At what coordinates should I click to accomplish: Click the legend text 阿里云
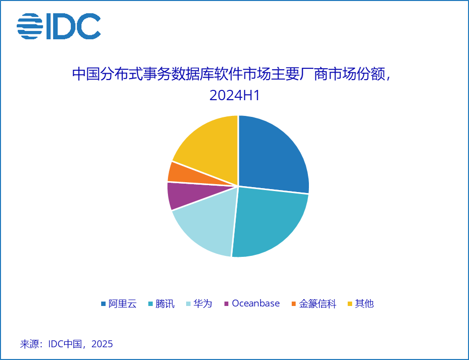click(x=122, y=304)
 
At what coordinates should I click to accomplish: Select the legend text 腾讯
click(x=165, y=304)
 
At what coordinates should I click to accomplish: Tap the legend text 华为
click(x=202, y=304)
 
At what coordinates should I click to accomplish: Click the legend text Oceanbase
click(x=255, y=304)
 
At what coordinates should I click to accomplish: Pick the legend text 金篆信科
click(x=318, y=304)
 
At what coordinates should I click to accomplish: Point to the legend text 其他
click(x=364, y=304)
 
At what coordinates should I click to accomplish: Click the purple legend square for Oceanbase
click(x=226, y=304)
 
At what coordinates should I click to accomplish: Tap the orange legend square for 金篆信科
click(x=294, y=304)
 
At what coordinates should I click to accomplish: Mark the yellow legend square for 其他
click(x=350, y=304)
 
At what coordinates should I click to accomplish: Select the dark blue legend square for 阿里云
click(x=103, y=304)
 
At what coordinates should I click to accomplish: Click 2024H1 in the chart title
click(x=234, y=95)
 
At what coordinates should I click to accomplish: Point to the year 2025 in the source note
click(x=102, y=344)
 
